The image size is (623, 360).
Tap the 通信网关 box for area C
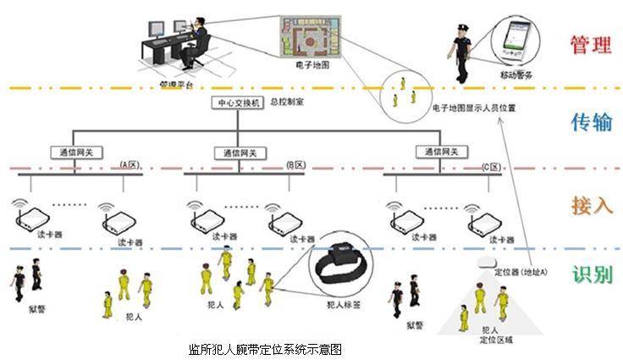[x=440, y=152]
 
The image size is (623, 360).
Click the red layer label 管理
[x=590, y=45]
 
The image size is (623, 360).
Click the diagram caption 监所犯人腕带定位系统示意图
[x=265, y=348]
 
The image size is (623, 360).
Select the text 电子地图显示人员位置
[x=473, y=108]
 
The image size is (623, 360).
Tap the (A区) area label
[x=129, y=163]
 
